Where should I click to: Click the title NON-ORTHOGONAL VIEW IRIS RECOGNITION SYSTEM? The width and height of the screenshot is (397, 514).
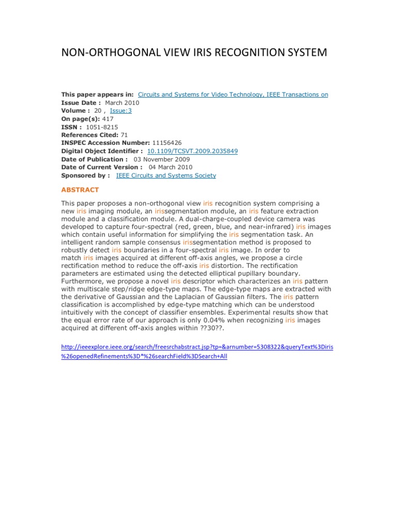pyautogui.click(x=194, y=53)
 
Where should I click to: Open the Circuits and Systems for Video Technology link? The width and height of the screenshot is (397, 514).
pyautogui.click(x=233, y=95)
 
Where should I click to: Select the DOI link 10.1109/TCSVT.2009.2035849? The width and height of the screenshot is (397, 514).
pyautogui.click(x=193, y=151)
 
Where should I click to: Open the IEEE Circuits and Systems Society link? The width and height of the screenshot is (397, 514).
pyautogui.click(x=166, y=176)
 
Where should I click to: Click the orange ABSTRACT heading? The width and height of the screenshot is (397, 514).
pyautogui.click(x=80, y=190)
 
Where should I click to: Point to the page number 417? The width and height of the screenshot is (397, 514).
pyautogui.click(x=108, y=119)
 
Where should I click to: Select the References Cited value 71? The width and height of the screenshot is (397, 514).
pyautogui.click(x=124, y=135)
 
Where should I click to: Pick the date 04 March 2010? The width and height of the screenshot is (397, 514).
pyautogui.click(x=171, y=168)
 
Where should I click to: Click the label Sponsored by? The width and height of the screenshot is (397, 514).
pyautogui.click(x=85, y=176)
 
